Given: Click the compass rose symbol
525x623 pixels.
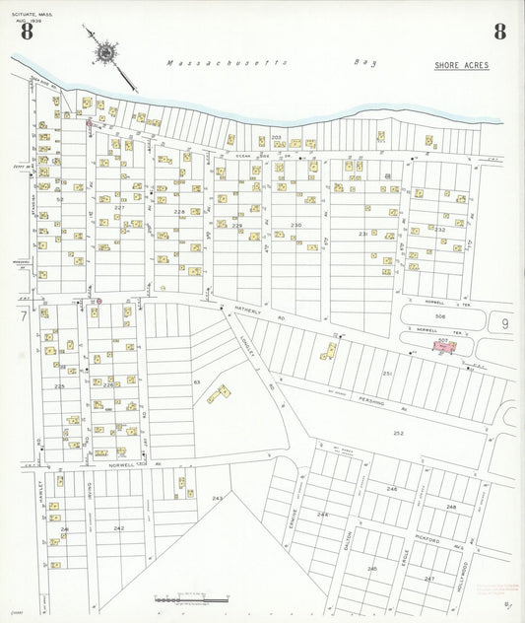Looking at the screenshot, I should click(104, 50).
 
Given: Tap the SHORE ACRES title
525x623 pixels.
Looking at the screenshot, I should click(461, 65).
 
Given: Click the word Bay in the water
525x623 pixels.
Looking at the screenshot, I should click(363, 62).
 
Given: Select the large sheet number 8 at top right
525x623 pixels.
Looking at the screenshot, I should click(499, 32).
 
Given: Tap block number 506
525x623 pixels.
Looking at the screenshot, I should click(441, 317).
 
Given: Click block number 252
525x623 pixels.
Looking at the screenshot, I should click(398, 433).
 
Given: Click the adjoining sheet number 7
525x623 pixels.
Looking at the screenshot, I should click(22, 316).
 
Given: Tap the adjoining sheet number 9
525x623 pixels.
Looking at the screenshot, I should click(504, 321).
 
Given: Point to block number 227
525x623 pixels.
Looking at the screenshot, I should click(119, 207).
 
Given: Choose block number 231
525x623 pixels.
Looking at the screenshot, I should click(362, 234).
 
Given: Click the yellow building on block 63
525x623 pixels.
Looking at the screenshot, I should click(219, 394).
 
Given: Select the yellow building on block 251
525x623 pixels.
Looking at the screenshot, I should click(328, 350).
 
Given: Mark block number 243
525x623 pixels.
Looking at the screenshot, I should click(217, 498).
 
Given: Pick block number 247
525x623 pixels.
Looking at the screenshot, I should click(429, 579).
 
